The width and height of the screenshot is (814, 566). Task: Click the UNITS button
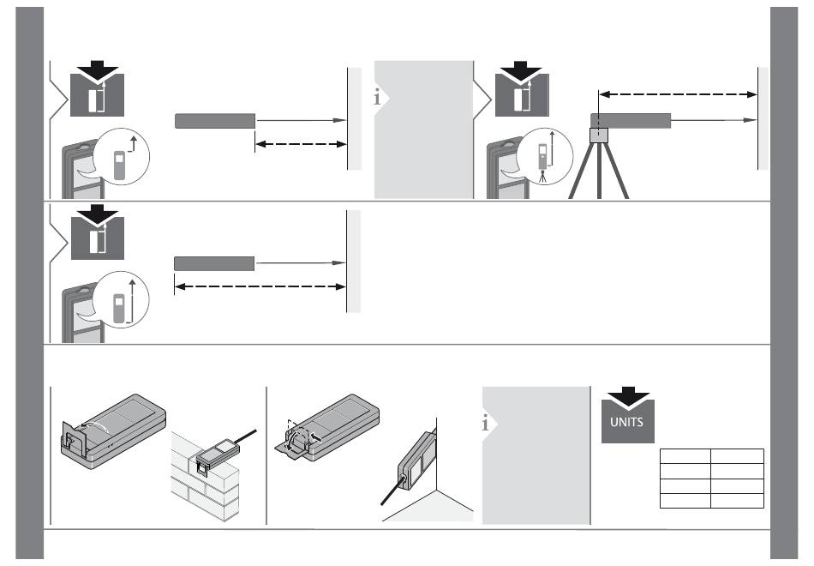tap(627, 422)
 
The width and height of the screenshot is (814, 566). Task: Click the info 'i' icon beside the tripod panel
tap(377, 97)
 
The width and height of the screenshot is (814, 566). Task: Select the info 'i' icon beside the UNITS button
tap(485, 423)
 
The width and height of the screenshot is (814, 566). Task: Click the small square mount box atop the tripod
tap(599, 135)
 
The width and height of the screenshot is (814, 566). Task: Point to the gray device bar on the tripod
tap(631, 121)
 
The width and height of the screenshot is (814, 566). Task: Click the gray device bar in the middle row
tap(214, 263)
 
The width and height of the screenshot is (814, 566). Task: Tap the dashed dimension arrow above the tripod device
tap(678, 94)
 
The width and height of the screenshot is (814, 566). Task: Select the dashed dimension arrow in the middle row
tap(260, 286)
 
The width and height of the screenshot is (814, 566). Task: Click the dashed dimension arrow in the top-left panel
tap(301, 144)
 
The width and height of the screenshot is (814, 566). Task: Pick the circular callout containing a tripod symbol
tap(545, 156)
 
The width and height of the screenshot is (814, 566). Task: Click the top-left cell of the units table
tap(685, 456)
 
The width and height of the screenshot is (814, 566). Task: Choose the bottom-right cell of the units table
tap(737, 501)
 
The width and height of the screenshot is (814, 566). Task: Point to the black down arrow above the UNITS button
tap(628, 396)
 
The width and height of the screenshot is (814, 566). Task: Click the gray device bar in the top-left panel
tap(215, 121)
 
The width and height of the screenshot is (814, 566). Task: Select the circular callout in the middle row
tap(121, 299)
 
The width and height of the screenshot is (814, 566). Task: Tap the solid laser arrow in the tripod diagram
tap(714, 120)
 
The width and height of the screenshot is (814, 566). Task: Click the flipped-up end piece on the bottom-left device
tap(73, 439)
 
